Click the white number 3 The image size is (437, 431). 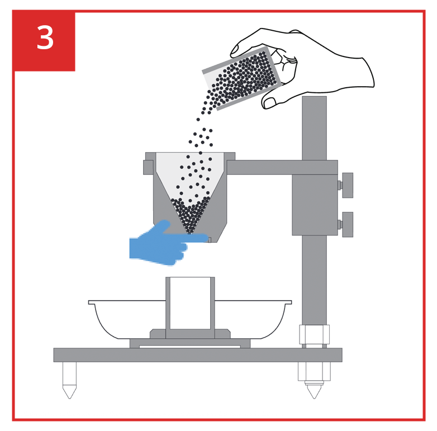pyautogui.click(x=45, y=37)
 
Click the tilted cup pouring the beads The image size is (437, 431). pyautogui.click(x=242, y=78)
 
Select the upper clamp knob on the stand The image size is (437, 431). pyautogui.click(x=347, y=185)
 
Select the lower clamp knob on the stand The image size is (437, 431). pyautogui.click(x=347, y=224)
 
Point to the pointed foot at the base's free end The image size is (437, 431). pyautogui.click(x=69, y=380)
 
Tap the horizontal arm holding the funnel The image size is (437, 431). pyautogui.click(x=282, y=167)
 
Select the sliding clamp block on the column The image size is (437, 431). pyautogui.click(x=315, y=205)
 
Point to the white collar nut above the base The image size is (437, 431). pyautogui.click(x=314, y=334)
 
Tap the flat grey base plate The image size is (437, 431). pyautogui.click(x=198, y=355)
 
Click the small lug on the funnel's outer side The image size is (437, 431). pyautogui.click(x=148, y=167)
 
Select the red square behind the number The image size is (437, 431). pyautogui.click(x=44, y=41)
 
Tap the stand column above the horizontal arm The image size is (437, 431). pyautogui.click(x=314, y=128)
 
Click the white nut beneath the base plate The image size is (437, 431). pyautogui.click(x=314, y=371)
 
